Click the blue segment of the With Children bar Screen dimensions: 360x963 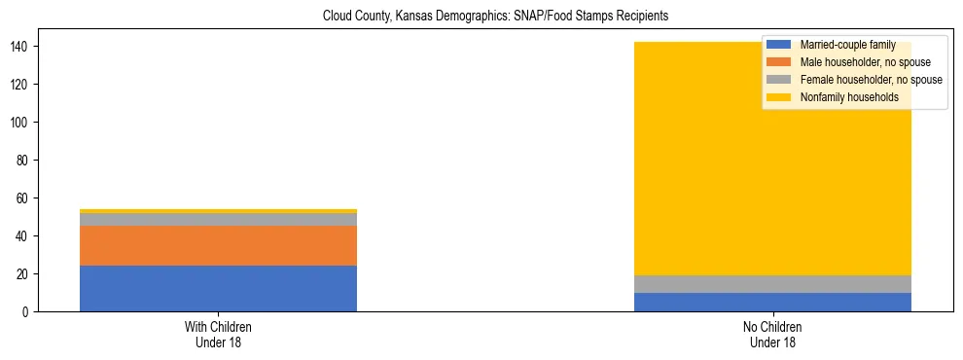218,289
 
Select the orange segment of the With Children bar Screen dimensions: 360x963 218,246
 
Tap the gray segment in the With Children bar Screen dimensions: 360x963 218,220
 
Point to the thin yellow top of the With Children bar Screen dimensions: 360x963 218,211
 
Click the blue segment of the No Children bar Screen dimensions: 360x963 772,303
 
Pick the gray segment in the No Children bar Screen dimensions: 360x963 772,284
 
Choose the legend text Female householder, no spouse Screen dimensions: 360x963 871,80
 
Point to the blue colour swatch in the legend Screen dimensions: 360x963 778,45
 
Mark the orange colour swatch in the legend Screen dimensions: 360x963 778,62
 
